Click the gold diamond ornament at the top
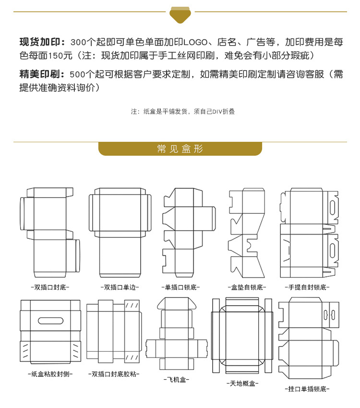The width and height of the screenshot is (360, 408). pyautogui.click(x=180, y=14)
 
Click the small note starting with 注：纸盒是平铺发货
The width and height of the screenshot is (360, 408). pyautogui.click(x=183, y=111)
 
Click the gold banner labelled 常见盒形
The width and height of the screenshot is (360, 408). pyautogui.click(x=180, y=149)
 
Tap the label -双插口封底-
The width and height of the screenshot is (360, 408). pyautogui.click(x=49, y=287)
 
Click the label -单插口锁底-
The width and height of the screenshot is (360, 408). pyautogui.click(x=180, y=287)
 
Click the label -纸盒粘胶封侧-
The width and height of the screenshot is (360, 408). pyautogui.click(x=49, y=373)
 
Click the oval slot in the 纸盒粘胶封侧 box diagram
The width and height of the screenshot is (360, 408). pyautogui.click(x=49, y=321)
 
